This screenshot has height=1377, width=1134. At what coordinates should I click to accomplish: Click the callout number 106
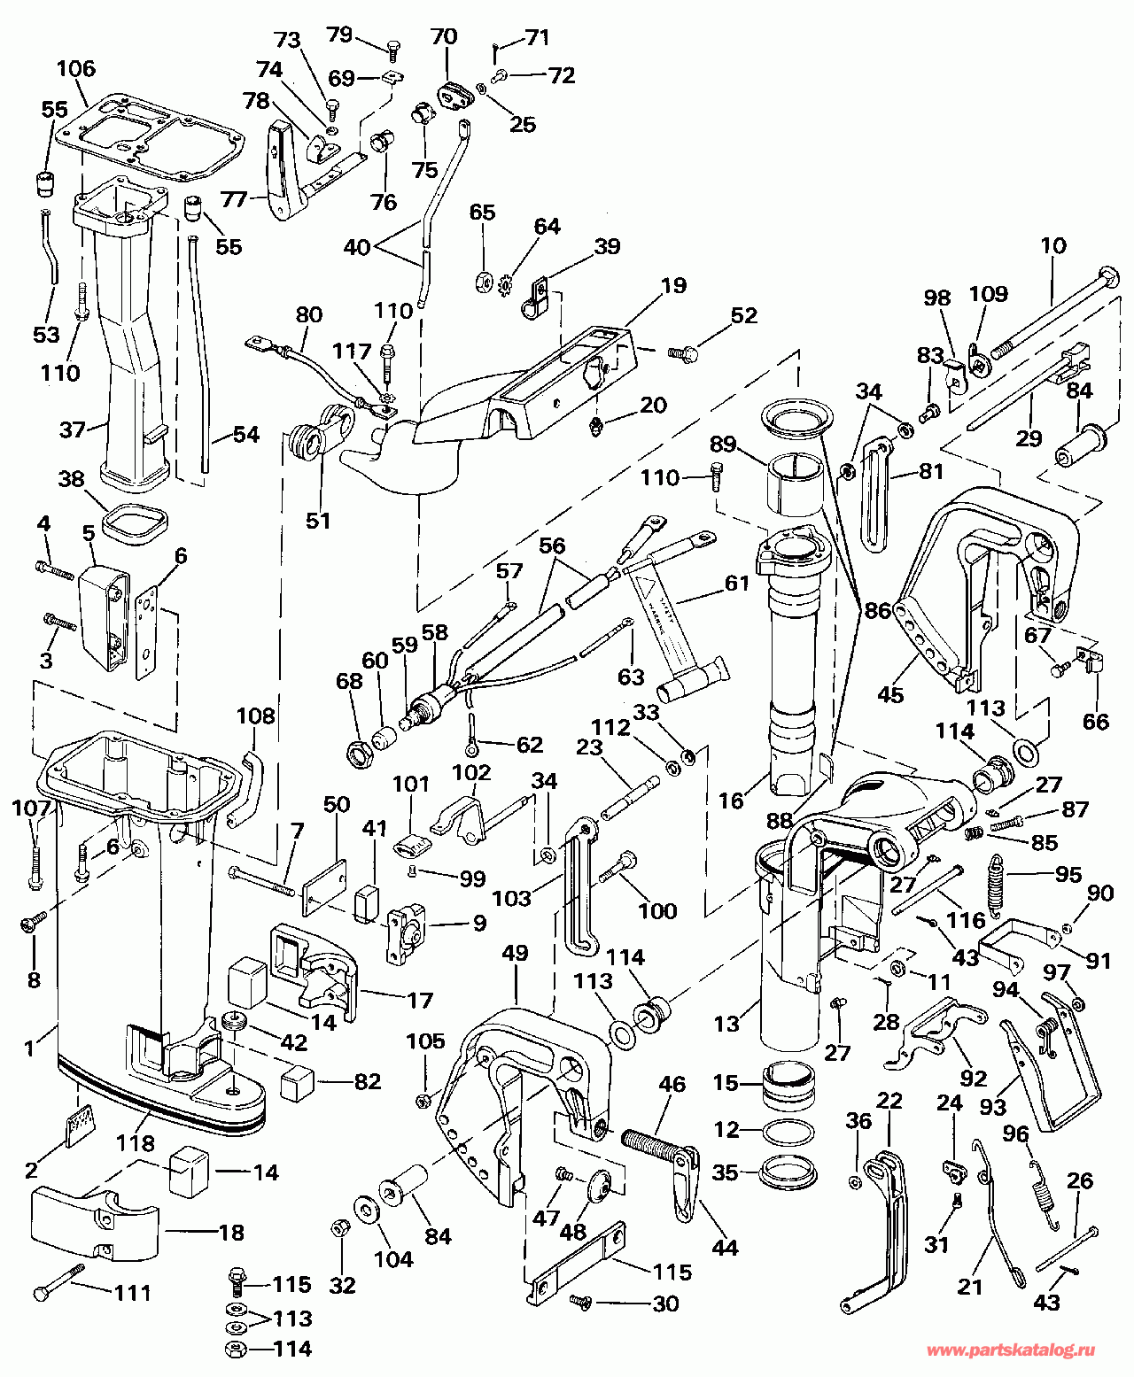click(x=75, y=68)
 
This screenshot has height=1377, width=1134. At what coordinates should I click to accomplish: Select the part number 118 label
click(x=136, y=1144)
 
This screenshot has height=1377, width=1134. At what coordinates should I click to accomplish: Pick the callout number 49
click(x=515, y=953)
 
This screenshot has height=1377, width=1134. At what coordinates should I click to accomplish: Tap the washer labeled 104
click(x=364, y=1211)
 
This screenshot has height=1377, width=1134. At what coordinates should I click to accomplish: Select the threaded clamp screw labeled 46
click(x=656, y=1143)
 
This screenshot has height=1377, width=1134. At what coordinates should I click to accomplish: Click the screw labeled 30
click(x=581, y=1301)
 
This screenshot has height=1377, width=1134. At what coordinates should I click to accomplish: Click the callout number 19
click(x=673, y=285)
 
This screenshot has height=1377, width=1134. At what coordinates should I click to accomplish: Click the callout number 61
click(x=736, y=584)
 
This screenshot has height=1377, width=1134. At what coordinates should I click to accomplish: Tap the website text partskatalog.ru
click(x=1010, y=1351)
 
